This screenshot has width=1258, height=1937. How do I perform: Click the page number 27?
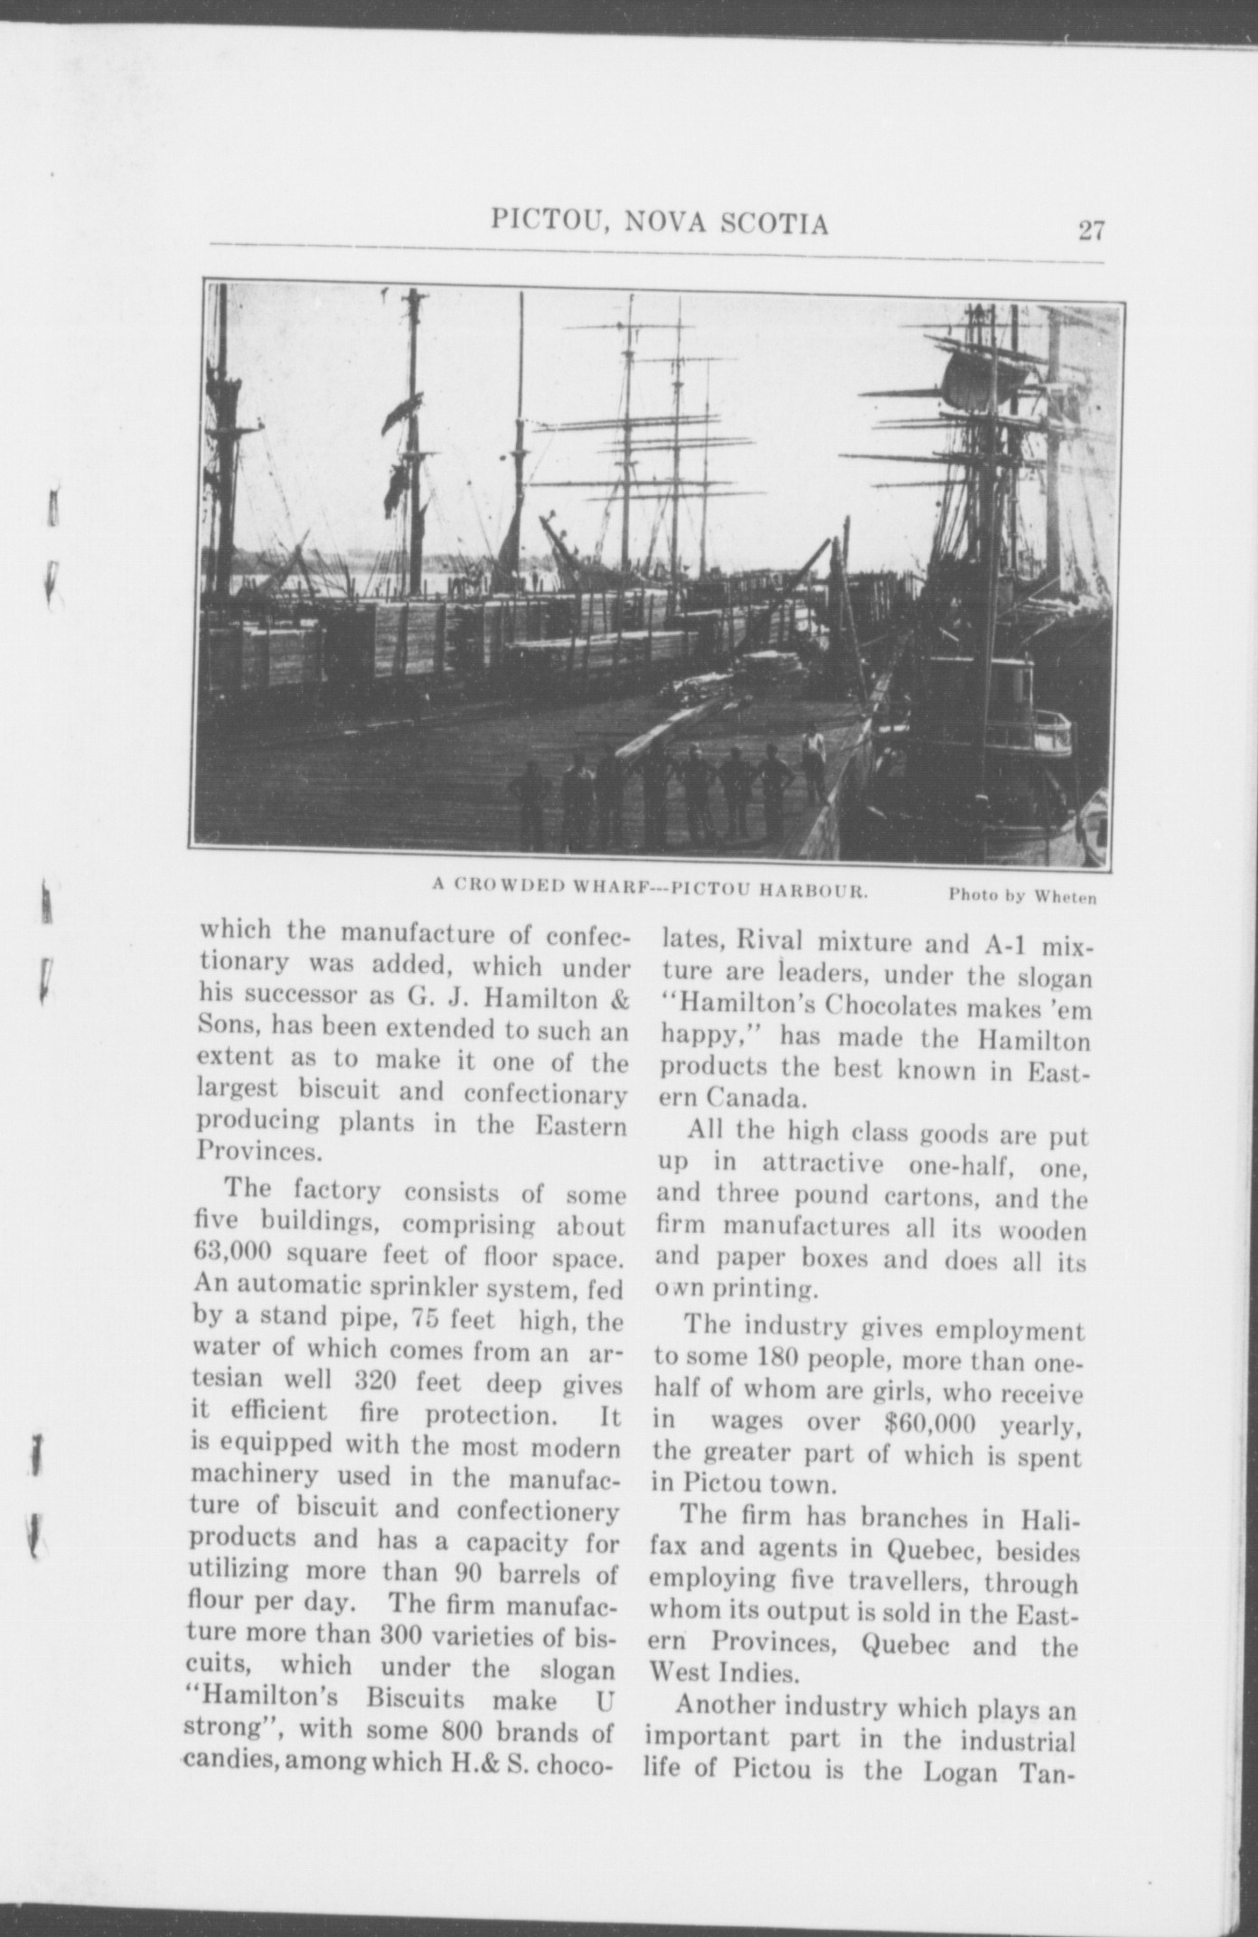click(1091, 230)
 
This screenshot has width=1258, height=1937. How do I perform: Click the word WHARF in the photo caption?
click(614, 887)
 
